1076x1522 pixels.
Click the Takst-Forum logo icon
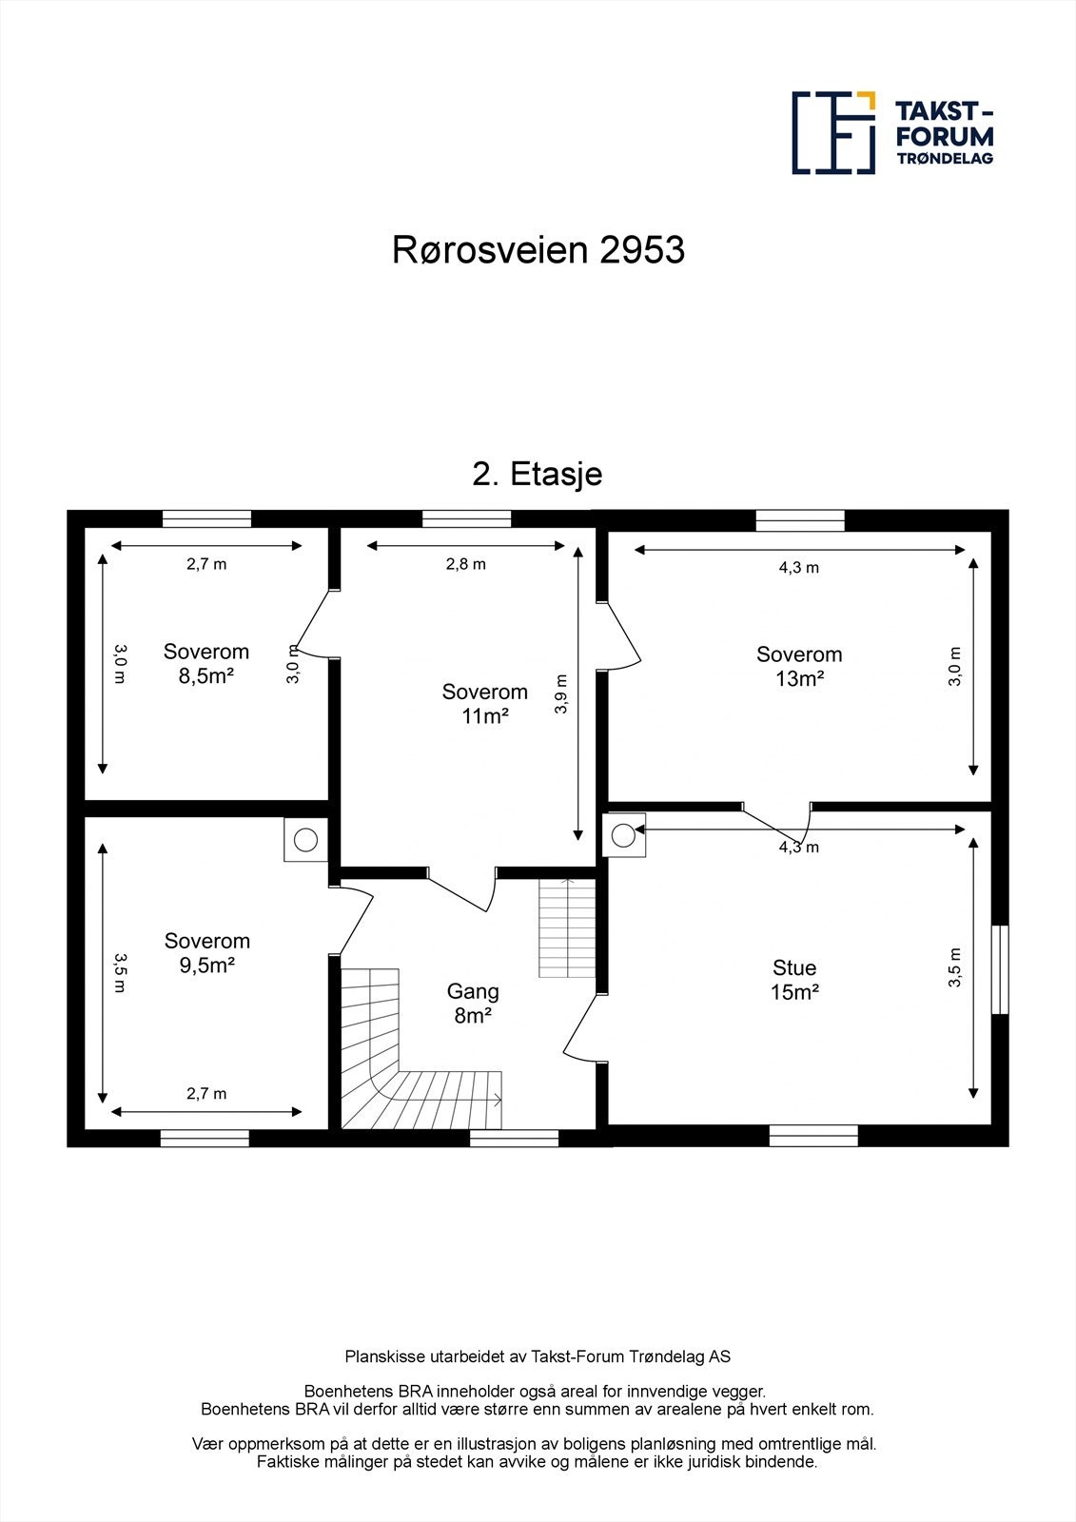833,132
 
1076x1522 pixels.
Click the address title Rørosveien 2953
538,250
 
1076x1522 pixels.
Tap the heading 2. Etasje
538,474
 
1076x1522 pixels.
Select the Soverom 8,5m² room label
206,664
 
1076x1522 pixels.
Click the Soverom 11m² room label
484,704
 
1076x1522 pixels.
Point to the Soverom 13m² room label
799,666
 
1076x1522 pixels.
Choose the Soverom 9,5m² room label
206,952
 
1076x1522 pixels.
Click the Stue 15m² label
794,980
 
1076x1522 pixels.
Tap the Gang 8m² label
473,1004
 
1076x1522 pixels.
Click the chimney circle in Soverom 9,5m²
305,840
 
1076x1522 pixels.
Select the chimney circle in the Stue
623,835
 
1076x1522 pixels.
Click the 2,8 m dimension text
465,564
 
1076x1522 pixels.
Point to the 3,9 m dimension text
561,693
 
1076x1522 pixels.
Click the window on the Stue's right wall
999,969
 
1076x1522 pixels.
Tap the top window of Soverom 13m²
800,520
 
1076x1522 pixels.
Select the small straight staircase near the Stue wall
567,928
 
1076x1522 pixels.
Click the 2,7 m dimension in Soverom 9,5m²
206,1094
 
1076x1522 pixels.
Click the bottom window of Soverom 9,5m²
205,1138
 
